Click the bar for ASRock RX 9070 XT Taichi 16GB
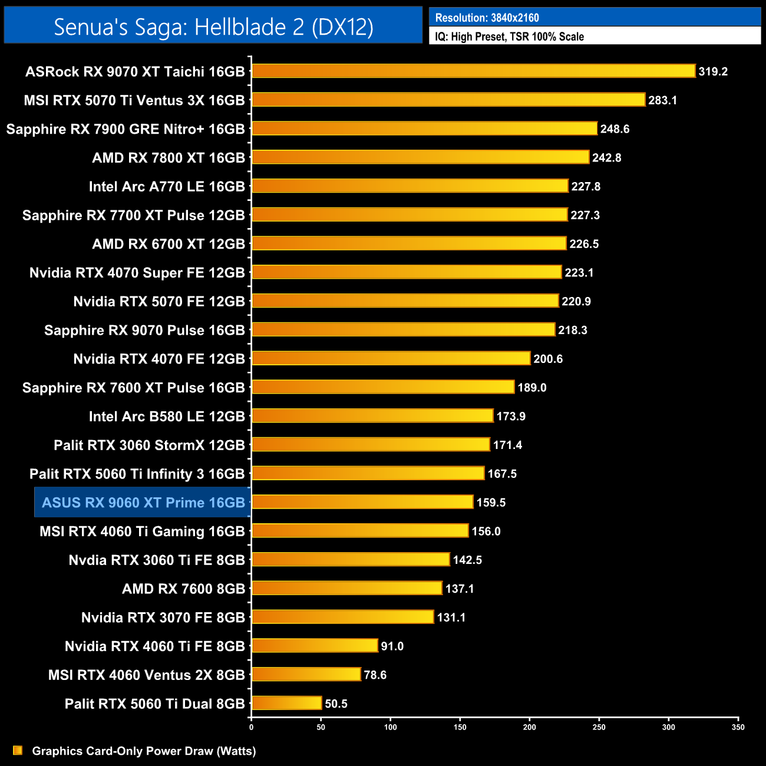coord(473,71)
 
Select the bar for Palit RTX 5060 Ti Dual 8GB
coord(286,703)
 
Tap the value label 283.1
coord(662,100)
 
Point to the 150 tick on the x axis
coord(460,727)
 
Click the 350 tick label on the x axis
coord(738,727)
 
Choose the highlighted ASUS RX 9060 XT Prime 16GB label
coord(143,503)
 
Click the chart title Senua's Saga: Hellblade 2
coord(213,27)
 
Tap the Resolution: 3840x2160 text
coord(487,18)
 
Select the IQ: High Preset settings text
coord(509,37)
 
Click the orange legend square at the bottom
coord(18,750)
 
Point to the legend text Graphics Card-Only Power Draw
coord(144,751)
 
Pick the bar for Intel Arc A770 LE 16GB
coord(410,186)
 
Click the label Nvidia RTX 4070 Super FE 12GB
coord(137,273)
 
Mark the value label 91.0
coord(392,646)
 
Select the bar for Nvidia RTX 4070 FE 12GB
coord(391,358)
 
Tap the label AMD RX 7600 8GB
coord(183,589)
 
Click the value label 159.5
coord(491,503)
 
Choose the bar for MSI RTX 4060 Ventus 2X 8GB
coord(306,674)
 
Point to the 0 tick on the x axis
coord(252,727)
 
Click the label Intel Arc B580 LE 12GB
coord(167,417)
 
